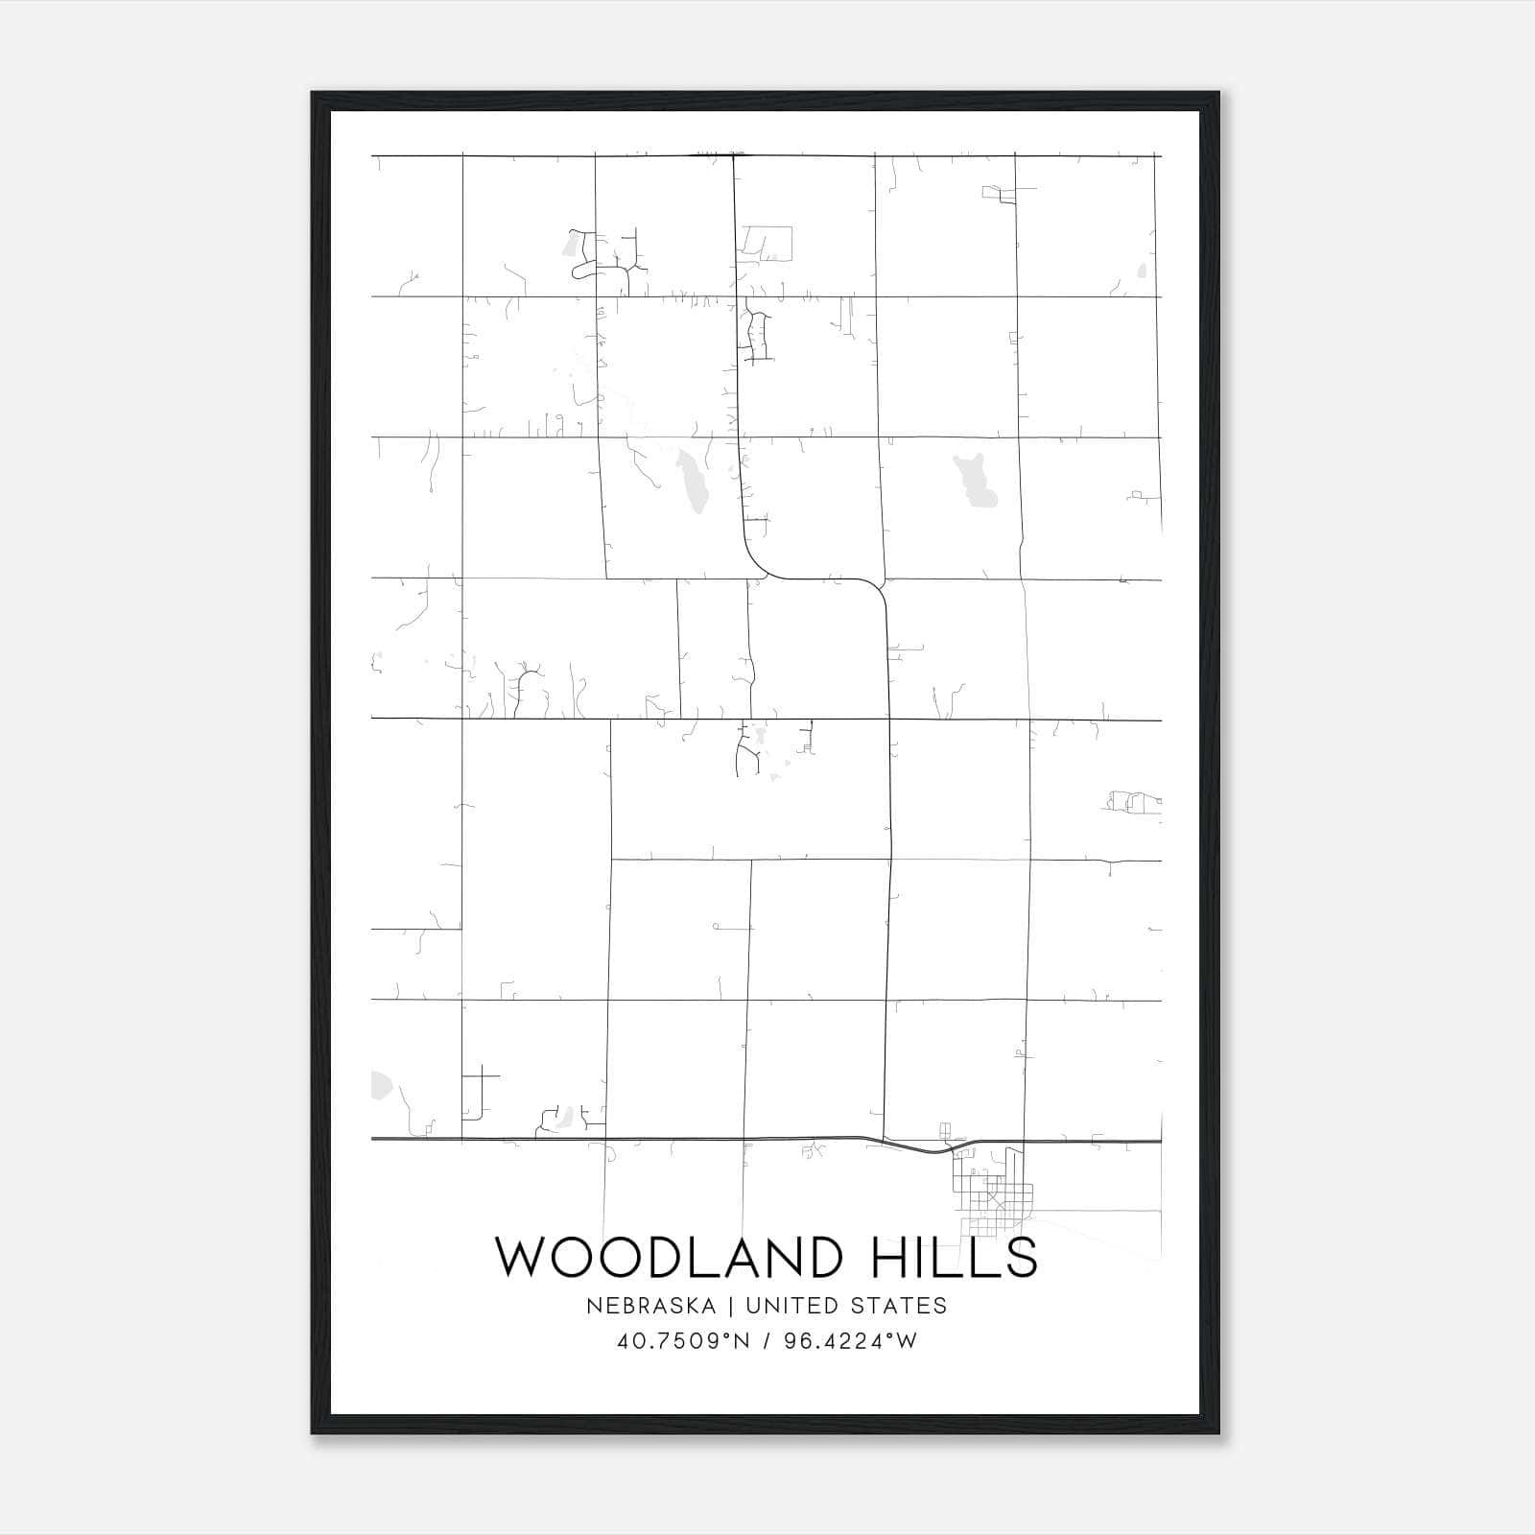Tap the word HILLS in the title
click(954, 1257)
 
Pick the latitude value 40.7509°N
click(683, 1341)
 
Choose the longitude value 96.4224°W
click(851, 1341)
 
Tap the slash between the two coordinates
click(767, 1341)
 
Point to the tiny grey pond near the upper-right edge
click(1141, 271)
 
